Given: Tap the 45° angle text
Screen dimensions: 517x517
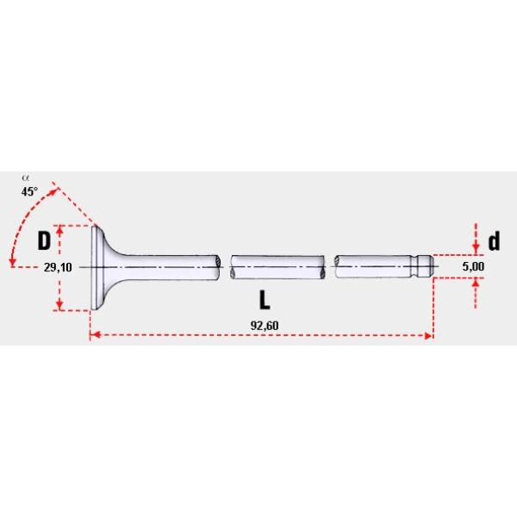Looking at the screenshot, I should pos(29,192).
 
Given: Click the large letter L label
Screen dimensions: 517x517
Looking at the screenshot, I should pos(265,301).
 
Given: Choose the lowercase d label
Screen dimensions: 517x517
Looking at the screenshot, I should pos(493,240).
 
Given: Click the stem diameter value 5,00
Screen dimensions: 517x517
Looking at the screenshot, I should pos(473,268).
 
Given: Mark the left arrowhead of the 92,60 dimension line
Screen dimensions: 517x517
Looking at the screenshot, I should pos(95,334).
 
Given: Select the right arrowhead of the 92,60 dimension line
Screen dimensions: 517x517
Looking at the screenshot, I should pos(428,334).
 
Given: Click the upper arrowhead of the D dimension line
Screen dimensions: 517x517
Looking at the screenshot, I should pos(59,230).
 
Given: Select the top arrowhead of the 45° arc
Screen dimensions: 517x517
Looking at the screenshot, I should pos(59,188).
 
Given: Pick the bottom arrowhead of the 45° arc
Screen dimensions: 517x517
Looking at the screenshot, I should pos(12,262).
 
